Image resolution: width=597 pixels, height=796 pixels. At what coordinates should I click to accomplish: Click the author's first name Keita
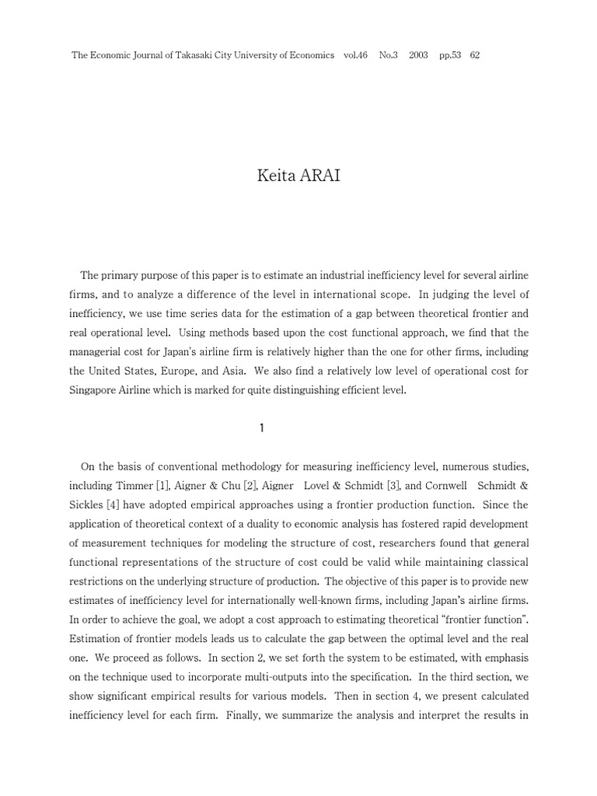pyautogui.click(x=274, y=176)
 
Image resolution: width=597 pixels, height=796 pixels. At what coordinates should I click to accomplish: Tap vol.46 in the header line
pyautogui.click(x=355, y=55)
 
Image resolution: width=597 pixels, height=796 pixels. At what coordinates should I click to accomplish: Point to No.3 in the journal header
pyautogui.click(x=389, y=55)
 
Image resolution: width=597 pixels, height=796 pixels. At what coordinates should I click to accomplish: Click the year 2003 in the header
pyautogui.click(x=418, y=55)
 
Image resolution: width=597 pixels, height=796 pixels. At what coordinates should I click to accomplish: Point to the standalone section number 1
pyautogui.click(x=262, y=428)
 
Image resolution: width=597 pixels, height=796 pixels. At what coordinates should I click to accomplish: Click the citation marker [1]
pyautogui.click(x=162, y=486)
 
